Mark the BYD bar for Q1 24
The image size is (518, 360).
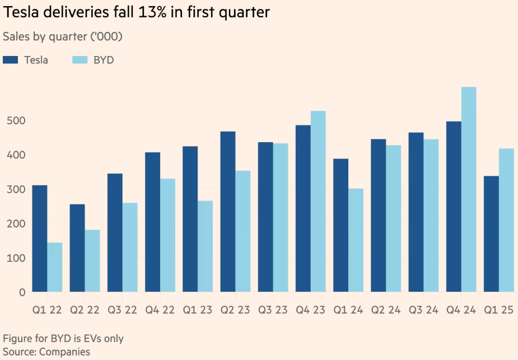pos(356,240)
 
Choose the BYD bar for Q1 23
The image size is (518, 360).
pos(206,246)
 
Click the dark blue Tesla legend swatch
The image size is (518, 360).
pos(11,60)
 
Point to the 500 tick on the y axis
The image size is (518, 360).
pos(15,120)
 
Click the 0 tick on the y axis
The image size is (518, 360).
pos(22,292)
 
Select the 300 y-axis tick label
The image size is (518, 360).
pos(15,189)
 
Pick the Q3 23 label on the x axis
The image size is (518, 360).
pos(273,310)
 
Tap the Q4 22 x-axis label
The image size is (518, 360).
pos(160,310)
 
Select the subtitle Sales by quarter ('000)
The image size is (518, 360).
pos(62,36)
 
